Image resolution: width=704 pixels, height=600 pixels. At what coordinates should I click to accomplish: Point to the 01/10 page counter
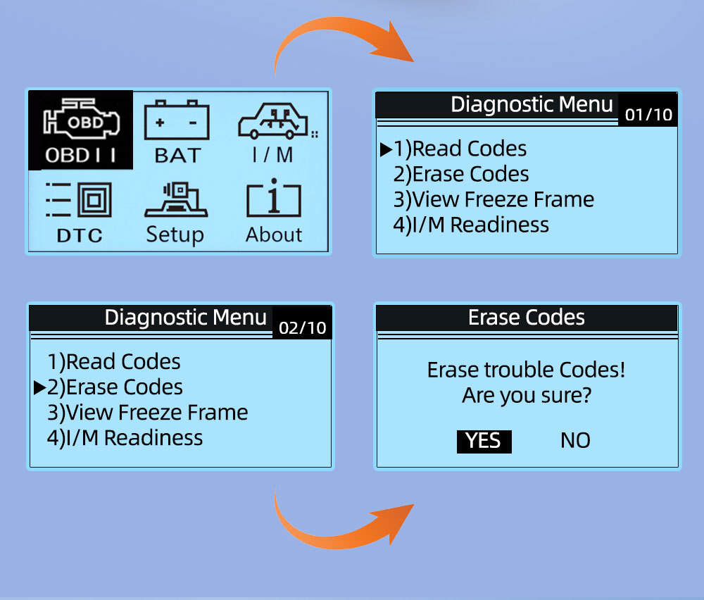(x=648, y=114)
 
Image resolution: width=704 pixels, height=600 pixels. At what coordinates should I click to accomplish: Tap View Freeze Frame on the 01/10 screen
(x=494, y=199)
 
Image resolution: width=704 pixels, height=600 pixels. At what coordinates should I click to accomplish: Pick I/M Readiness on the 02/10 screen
(x=125, y=438)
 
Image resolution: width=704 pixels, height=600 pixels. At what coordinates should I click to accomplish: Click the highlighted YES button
(x=484, y=441)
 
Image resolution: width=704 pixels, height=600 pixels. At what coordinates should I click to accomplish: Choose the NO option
(x=575, y=441)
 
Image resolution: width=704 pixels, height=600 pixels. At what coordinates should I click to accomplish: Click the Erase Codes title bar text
(x=526, y=318)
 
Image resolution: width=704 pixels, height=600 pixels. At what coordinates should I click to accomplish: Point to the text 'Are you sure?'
(x=526, y=396)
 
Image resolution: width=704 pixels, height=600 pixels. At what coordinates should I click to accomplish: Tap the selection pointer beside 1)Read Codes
(x=386, y=149)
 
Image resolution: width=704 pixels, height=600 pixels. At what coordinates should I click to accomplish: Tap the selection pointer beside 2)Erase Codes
(x=39, y=387)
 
